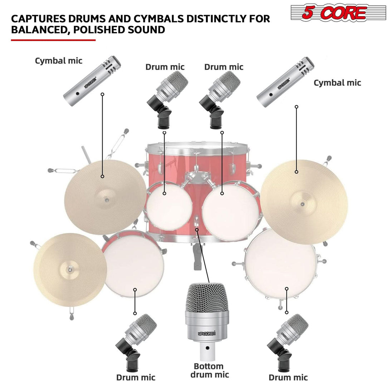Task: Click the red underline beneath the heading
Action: click(53, 40)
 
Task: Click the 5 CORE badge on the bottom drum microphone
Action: click(206, 333)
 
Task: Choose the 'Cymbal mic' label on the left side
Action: click(59, 60)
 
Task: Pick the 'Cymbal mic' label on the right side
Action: click(337, 83)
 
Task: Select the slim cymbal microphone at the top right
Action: click(285, 82)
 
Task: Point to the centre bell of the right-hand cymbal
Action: click(303, 204)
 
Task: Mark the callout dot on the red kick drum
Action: click(197, 229)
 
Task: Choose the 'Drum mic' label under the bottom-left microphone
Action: click(136, 377)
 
